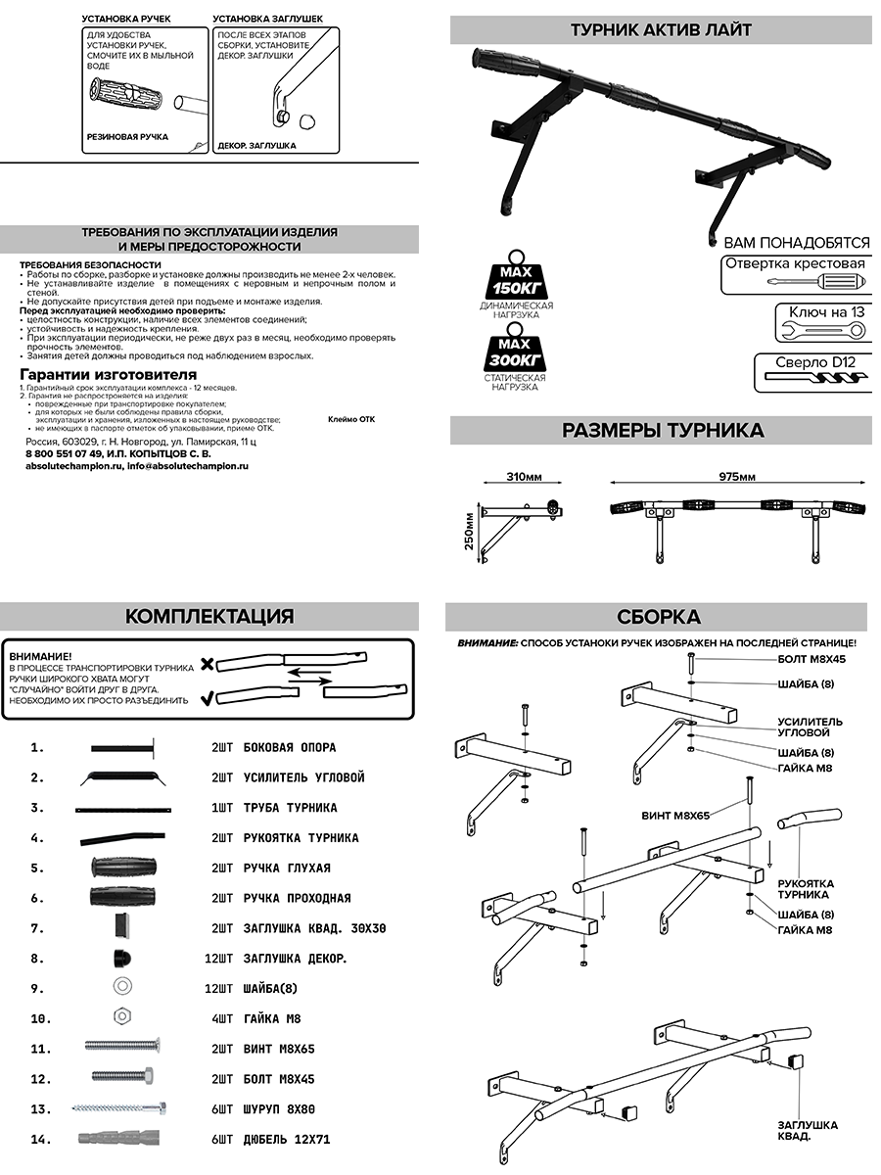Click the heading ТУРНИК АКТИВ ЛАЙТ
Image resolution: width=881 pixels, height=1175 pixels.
click(661, 29)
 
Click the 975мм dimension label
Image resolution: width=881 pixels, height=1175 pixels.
click(738, 477)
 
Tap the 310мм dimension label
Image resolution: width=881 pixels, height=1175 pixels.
click(525, 477)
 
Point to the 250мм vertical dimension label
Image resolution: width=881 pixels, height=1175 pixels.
click(469, 532)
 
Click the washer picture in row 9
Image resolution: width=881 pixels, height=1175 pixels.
click(123, 985)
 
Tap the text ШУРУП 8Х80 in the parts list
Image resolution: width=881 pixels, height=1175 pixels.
click(279, 1109)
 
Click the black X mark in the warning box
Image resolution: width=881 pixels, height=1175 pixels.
click(208, 665)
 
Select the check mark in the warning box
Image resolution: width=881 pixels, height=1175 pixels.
click(208, 698)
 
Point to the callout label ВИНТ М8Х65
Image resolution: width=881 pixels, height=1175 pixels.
click(675, 816)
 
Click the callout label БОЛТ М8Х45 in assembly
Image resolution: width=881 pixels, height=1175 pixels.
click(812, 659)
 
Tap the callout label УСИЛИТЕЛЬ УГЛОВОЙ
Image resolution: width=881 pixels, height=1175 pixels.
click(810, 727)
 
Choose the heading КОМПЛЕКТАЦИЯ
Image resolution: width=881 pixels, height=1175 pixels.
click(209, 616)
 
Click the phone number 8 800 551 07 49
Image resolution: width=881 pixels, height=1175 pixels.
click(64, 454)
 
